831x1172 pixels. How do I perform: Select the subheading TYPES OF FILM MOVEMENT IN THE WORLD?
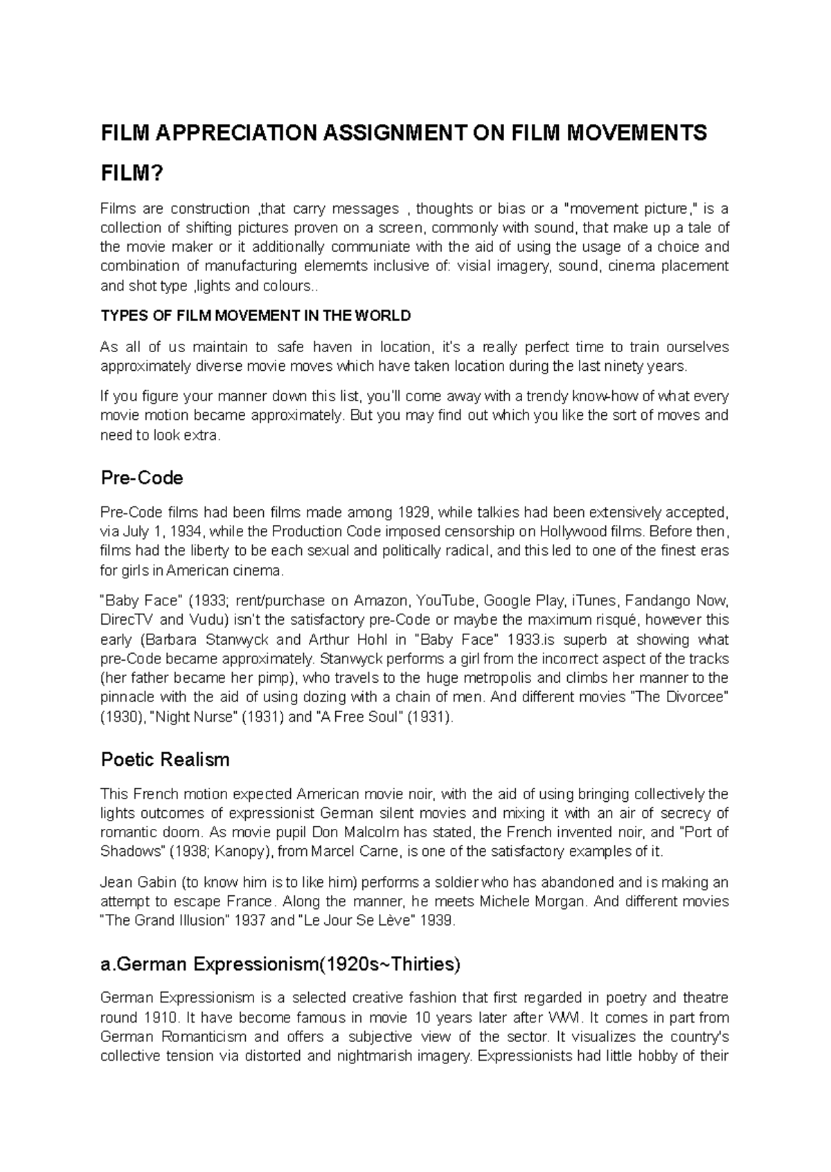[256, 316]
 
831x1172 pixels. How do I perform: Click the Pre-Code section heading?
[142, 478]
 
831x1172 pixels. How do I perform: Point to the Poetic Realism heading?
[165, 760]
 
